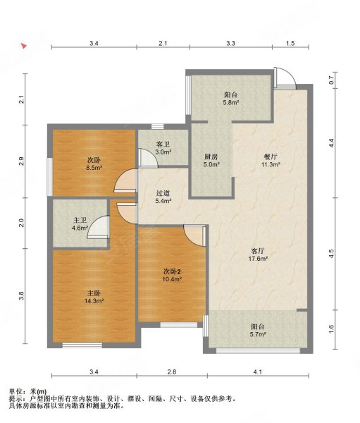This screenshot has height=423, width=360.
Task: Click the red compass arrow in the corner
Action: (24, 46)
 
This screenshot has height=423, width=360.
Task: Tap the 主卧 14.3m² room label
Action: (94, 297)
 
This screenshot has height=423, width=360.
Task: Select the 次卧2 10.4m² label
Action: (171, 275)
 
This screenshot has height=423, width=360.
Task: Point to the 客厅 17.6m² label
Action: (258, 255)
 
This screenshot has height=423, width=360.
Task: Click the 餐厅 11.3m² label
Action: (271, 161)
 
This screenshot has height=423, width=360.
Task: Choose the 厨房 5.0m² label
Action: (211, 161)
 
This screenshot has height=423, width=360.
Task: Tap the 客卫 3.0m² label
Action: (163, 148)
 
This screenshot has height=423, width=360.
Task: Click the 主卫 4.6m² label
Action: (80, 224)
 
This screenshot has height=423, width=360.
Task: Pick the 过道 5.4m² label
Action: (163, 197)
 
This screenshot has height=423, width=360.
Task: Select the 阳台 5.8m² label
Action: (231, 99)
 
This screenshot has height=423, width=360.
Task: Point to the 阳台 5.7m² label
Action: (258, 331)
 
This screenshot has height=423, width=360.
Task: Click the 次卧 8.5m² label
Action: (94, 164)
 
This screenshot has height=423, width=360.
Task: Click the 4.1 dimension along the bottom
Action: (258, 372)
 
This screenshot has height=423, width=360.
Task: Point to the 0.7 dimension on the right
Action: (331, 80)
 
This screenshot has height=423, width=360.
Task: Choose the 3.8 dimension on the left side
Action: (22, 296)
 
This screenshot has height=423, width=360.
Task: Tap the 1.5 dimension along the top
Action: (290, 43)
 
